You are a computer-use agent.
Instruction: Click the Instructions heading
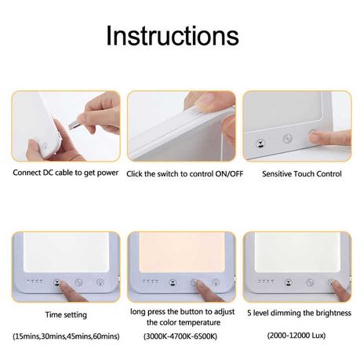173,36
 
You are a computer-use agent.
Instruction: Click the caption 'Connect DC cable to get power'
66,173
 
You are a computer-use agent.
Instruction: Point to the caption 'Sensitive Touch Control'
302,174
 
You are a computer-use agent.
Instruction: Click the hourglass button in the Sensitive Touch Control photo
260,144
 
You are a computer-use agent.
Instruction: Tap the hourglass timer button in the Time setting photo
57,282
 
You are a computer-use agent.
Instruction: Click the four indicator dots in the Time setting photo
35,282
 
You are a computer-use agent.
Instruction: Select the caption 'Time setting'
66,315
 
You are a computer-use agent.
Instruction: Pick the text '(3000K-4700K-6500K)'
180,336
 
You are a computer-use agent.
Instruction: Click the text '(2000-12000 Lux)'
296,335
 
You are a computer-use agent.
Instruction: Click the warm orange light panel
182,255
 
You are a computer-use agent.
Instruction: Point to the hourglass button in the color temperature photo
173,282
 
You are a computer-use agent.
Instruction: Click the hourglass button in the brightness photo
288,282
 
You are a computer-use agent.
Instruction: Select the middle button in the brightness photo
310,282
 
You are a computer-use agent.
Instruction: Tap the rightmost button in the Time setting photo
100,282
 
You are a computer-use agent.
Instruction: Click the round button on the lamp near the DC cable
45,146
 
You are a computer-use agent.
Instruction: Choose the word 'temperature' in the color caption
198,322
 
